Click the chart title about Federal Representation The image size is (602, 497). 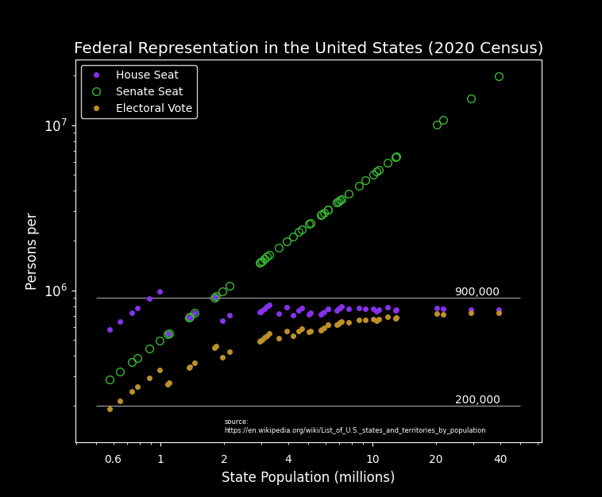pyautogui.click(x=308, y=48)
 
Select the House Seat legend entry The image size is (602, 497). pyautogui.click(x=147, y=75)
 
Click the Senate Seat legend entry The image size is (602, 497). pyautogui.click(x=149, y=92)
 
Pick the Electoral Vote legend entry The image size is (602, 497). pyautogui.click(x=153, y=109)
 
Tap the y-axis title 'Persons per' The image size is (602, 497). pyautogui.click(x=32, y=251)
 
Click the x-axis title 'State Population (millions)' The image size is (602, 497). pyautogui.click(x=308, y=478)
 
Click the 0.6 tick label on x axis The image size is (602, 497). pyautogui.click(x=113, y=460)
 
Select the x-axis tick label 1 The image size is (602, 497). pyautogui.click(x=160, y=460)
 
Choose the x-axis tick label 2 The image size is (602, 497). pyautogui.click(x=224, y=460)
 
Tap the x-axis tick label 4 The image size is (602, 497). pyautogui.click(x=288, y=460)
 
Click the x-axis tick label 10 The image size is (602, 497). pyautogui.click(x=372, y=460)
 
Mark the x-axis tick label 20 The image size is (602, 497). pyautogui.click(x=436, y=460)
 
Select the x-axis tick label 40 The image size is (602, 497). pyautogui.click(x=500, y=460)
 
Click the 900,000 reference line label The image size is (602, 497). pyautogui.click(x=477, y=292)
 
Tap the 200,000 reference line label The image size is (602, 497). pyautogui.click(x=477, y=400)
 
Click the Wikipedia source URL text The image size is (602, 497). pyautogui.click(x=354, y=430)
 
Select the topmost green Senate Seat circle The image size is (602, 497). pyautogui.click(x=499, y=77)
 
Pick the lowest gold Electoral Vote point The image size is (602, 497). pyautogui.click(x=110, y=409)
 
